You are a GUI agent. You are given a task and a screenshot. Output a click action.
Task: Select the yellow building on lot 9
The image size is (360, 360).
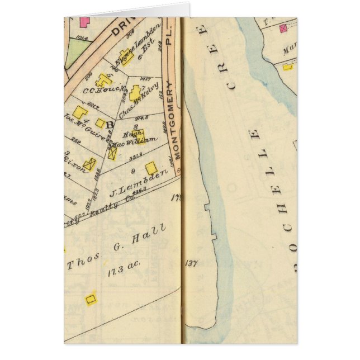151,168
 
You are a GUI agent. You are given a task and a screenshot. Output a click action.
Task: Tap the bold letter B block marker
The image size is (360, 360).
110,125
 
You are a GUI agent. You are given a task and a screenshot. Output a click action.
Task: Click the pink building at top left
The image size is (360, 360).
84,22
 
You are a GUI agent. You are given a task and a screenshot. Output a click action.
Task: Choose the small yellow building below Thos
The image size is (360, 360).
91,299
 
